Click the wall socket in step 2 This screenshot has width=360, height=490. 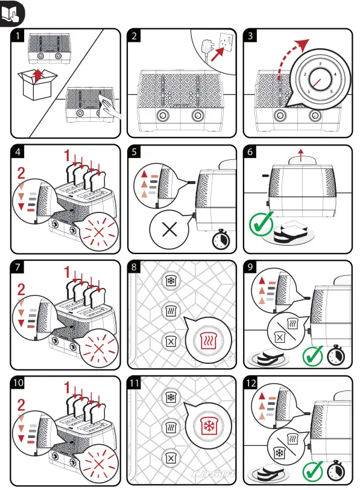(x=228, y=41)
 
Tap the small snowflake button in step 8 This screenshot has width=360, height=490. (x=170, y=281)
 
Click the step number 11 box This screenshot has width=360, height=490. (x=136, y=382)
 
